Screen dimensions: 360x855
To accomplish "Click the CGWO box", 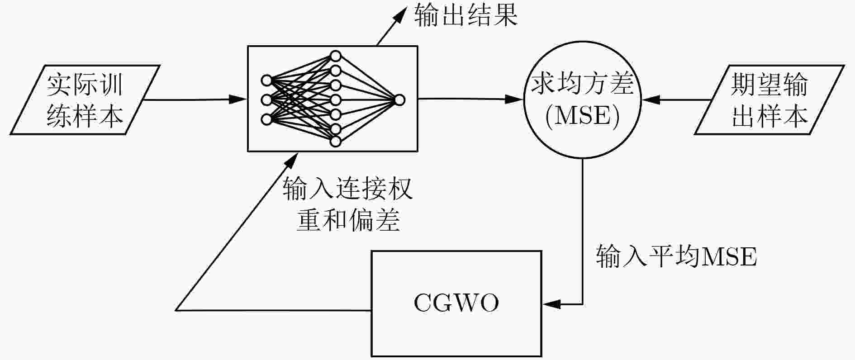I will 456,303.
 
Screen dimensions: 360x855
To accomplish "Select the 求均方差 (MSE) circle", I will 582,99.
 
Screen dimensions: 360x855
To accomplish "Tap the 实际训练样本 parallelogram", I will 85,99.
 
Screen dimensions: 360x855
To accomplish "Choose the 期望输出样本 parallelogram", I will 769,99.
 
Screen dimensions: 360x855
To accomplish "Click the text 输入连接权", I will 347,189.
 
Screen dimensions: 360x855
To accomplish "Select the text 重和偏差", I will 347,220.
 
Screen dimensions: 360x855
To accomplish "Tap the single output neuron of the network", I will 399,100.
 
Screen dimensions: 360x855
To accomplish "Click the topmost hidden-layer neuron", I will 335,56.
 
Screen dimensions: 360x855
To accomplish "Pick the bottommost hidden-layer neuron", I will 335,142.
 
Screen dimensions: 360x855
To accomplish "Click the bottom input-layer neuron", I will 266,119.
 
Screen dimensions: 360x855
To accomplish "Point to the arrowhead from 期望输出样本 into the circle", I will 649,99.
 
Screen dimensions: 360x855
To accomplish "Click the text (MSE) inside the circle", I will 582,116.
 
